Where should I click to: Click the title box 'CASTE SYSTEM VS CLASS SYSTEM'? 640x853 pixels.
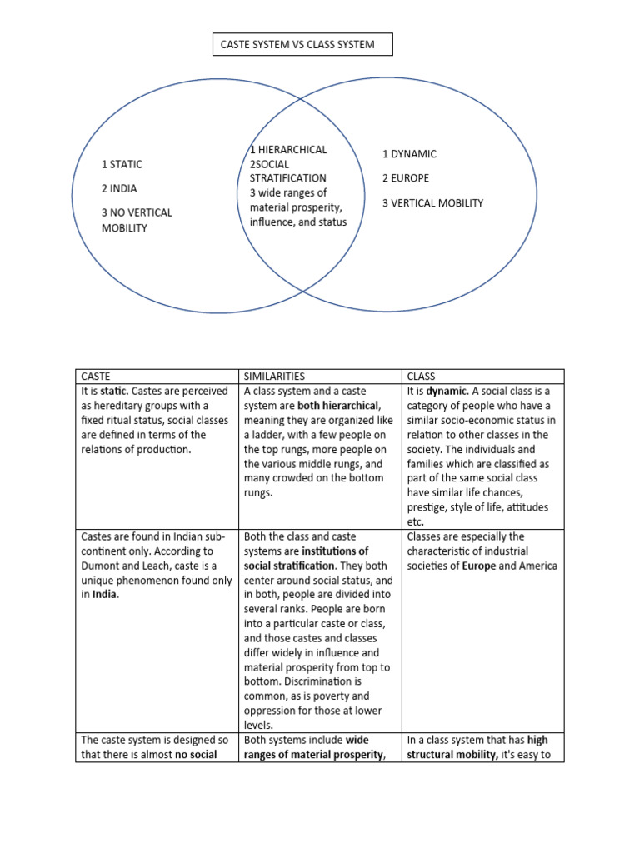click(x=302, y=45)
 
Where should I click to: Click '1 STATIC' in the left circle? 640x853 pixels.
click(x=122, y=164)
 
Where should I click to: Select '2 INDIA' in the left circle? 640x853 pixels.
click(x=118, y=188)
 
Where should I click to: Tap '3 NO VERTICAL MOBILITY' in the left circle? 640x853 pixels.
click(x=137, y=220)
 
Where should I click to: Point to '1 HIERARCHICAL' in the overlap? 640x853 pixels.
click(x=288, y=150)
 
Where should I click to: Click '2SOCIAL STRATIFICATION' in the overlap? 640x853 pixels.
click(x=288, y=171)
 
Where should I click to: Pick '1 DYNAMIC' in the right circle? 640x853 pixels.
click(x=409, y=154)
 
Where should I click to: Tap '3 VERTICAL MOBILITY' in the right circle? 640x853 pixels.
click(x=432, y=202)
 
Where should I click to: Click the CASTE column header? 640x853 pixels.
click(x=97, y=377)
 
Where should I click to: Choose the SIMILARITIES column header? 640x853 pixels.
click(x=274, y=377)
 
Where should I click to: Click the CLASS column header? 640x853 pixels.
click(x=422, y=377)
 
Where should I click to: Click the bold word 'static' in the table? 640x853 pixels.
click(x=115, y=392)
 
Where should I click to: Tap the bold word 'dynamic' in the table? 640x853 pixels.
click(x=447, y=392)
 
